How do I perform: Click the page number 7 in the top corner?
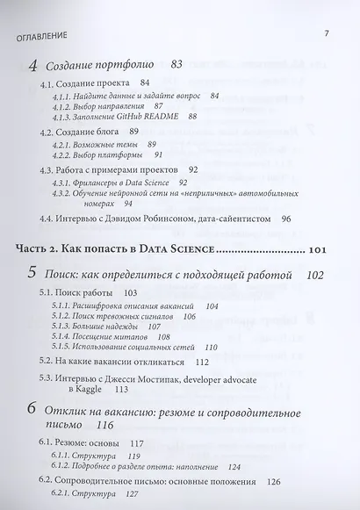click(x=326, y=34)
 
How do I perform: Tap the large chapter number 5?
click(x=33, y=277)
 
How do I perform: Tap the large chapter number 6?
click(x=33, y=410)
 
